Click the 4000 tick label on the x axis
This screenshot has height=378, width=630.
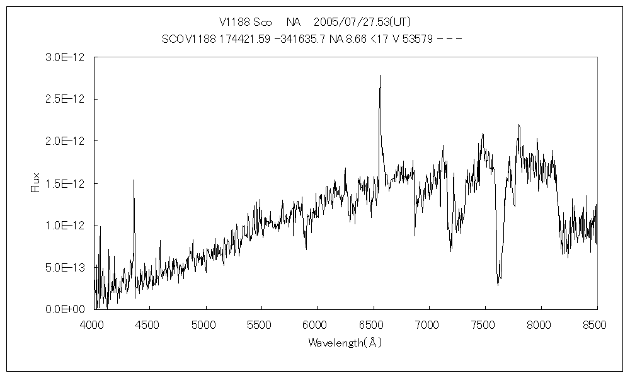93,325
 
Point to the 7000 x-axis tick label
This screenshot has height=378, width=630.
428,325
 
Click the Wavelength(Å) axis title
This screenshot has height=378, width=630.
345,343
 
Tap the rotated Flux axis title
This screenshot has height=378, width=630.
36,183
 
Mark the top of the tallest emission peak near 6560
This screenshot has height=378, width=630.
380,76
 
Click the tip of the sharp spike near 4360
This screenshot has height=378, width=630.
134,180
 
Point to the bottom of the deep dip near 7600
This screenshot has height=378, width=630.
498,285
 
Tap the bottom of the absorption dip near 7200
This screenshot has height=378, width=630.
451,251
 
